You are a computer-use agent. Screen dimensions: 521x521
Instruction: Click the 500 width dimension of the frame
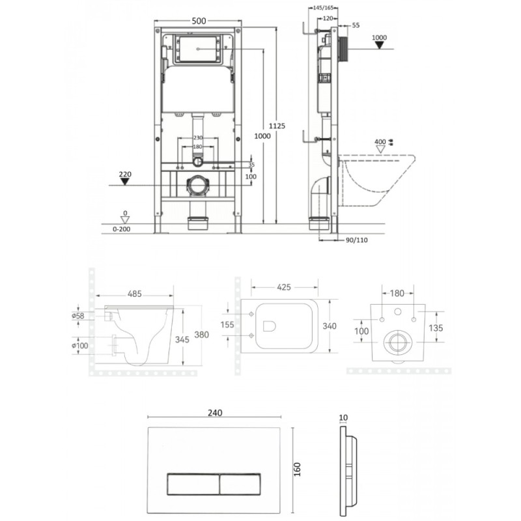tap(199, 21)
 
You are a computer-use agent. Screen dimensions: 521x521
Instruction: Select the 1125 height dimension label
tap(277, 126)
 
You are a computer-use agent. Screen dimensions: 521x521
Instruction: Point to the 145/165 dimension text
tap(323, 8)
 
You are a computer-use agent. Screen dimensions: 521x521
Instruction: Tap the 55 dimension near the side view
tap(356, 25)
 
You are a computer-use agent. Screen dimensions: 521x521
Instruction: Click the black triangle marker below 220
tap(124, 182)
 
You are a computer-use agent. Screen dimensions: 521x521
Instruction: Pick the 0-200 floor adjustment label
tap(122, 229)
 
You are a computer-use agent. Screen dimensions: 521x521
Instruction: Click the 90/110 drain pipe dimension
tap(357, 240)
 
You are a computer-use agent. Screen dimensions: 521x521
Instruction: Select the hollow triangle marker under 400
tap(380, 149)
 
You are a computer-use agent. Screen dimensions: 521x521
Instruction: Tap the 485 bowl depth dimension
tap(135, 294)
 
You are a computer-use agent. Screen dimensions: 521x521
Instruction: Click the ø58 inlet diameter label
tap(78, 316)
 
